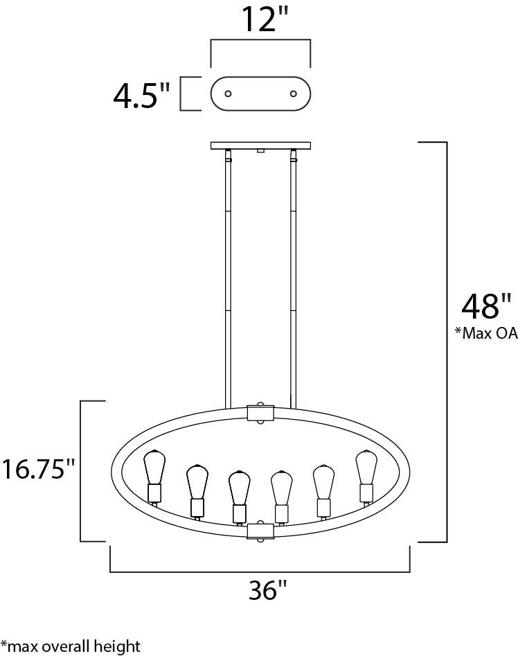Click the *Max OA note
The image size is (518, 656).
tap(486, 333)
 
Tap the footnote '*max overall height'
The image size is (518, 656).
tap(70, 646)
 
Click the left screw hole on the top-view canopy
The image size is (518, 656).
tap(228, 94)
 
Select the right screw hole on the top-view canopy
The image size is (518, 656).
tap(294, 94)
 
